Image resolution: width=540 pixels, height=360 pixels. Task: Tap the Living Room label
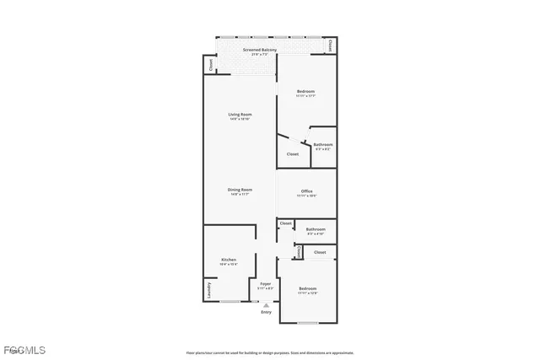240,114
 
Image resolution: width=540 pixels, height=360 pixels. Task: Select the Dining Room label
240,190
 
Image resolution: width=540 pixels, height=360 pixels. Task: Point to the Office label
307,191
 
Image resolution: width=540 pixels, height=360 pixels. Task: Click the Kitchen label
228,260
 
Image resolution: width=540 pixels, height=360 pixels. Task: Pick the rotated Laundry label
208,291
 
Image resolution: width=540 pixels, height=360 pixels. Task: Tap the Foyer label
266,284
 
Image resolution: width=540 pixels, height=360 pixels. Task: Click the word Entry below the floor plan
267,312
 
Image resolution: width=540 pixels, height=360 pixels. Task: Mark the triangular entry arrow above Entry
267,304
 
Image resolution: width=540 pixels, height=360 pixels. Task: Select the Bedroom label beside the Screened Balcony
305,91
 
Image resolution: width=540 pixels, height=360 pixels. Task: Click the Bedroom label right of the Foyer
307,288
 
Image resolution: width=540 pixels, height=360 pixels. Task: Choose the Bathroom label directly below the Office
316,228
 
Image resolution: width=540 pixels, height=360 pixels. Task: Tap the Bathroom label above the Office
323,144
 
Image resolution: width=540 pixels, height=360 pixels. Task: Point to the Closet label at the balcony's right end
331,46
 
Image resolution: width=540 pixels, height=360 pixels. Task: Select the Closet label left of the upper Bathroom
293,154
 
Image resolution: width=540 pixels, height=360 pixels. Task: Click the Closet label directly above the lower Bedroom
320,252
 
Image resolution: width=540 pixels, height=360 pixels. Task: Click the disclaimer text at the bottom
270,352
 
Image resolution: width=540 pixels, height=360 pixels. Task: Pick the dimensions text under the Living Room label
240,119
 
